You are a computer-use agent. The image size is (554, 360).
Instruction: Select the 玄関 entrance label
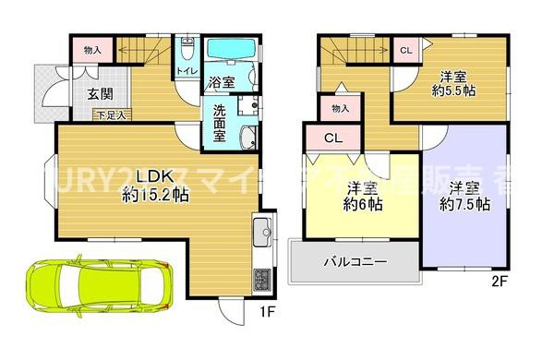[101, 92]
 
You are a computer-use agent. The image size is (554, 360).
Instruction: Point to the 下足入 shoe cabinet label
[112, 114]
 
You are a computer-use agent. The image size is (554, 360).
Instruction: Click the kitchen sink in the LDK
[261, 231]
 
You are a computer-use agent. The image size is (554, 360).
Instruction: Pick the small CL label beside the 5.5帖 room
[405, 50]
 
